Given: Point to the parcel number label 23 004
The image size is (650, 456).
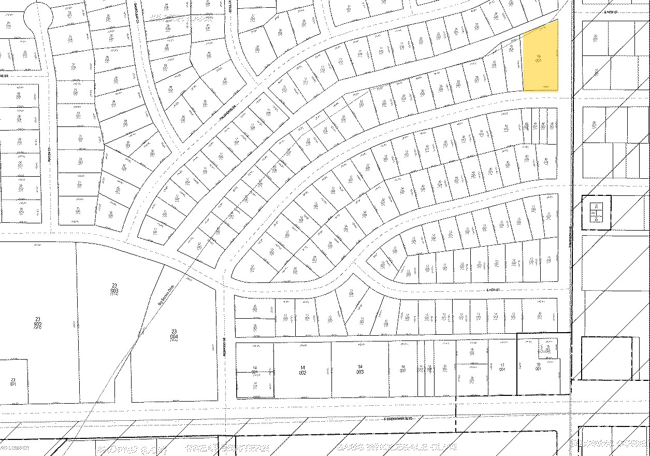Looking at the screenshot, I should [174, 334].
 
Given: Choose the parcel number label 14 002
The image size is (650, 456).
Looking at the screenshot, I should [302, 370].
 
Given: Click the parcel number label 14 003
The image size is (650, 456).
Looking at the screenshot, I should [359, 370].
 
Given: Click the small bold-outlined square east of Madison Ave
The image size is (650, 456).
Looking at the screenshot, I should [597, 212].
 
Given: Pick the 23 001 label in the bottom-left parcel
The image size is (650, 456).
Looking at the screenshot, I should [12, 382].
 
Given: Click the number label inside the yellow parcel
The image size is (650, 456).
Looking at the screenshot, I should [539, 58].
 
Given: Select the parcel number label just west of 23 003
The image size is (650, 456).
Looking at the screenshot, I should [37, 321].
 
